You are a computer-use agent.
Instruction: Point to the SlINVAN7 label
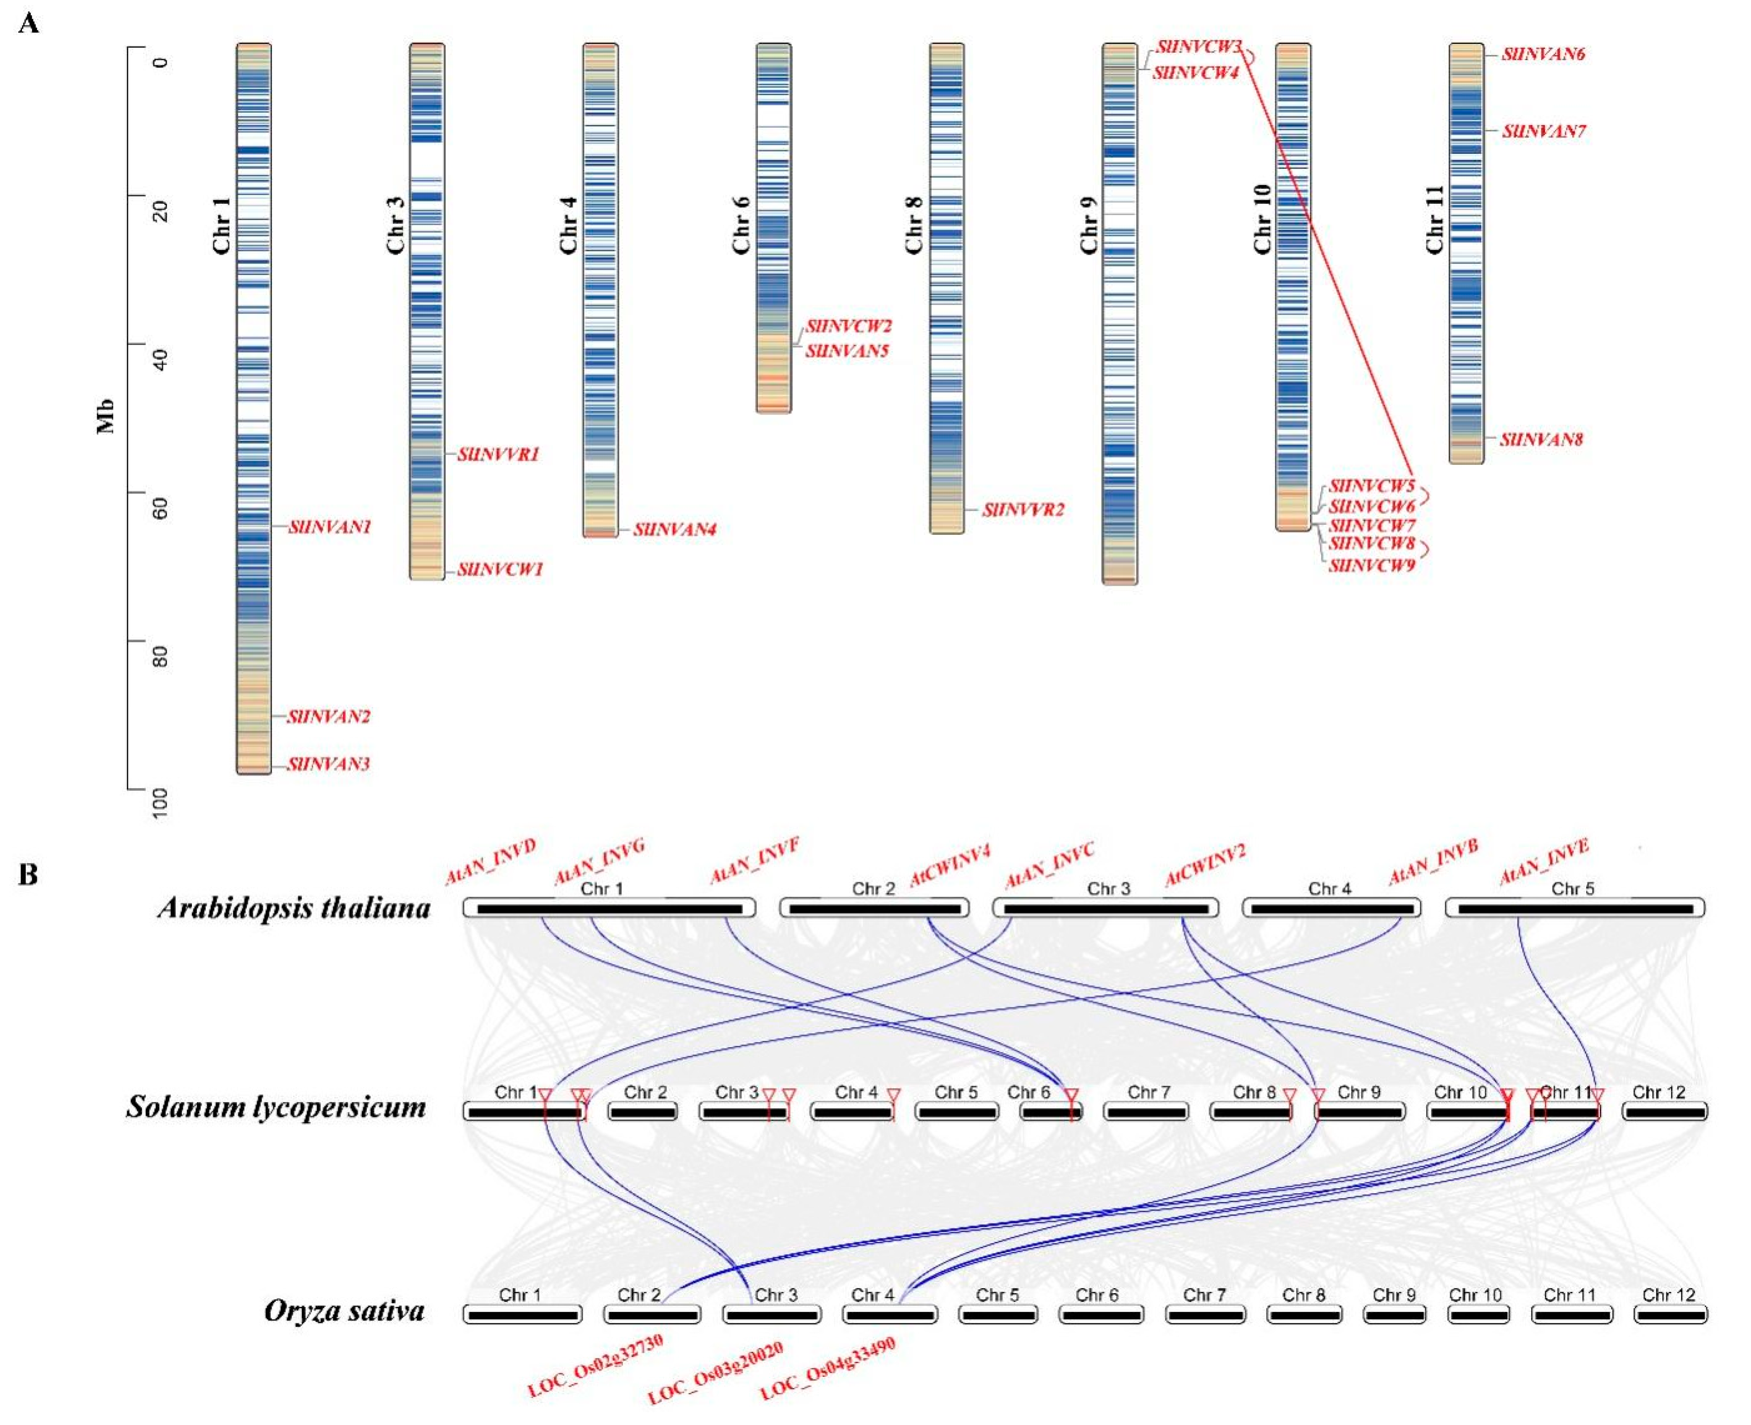tap(1544, 131)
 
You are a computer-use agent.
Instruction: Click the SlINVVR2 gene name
tap(1023, 510)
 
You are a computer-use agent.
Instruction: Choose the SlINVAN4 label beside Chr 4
tap(674, 529)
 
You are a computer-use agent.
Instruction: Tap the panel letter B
tap(28, 875)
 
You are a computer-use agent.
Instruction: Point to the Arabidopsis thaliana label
tap(294, 908)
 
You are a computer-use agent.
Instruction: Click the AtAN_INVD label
tap(490, 862)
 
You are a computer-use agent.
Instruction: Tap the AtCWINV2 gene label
tap(1205, 865)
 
